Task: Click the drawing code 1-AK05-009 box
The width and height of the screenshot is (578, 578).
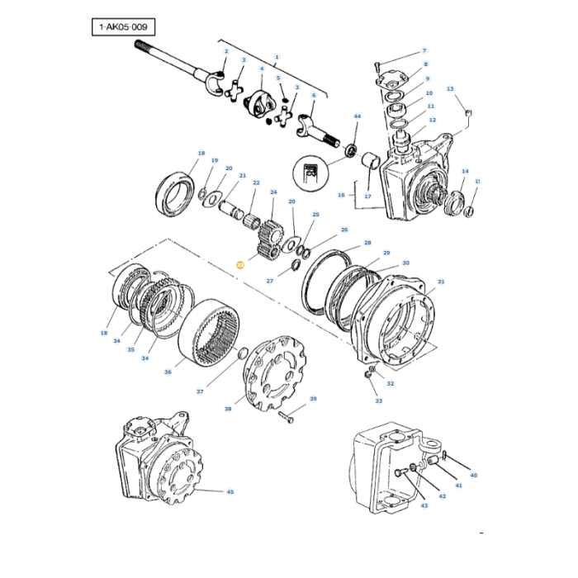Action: point(121,27)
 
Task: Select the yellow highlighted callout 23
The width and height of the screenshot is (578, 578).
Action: point(239,265)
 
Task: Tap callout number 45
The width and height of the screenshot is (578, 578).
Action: point(230,492)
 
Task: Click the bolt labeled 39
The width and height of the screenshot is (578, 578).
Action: point(287,415)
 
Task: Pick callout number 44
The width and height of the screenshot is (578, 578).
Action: point(357,117)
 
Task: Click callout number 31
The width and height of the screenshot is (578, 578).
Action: point(441,282)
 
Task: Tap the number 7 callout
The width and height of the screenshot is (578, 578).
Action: point(424,51)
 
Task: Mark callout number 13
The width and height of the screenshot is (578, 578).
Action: point(450,88)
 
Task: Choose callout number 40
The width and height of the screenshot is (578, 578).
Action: point(473,476)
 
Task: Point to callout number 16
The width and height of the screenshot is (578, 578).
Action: point(341,195)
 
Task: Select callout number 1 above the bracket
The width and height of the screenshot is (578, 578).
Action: point(277,57)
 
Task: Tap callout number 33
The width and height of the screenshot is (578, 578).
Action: point(379,401)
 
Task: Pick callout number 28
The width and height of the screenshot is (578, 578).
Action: point(367,244)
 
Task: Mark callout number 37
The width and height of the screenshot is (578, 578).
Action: point(199,391)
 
